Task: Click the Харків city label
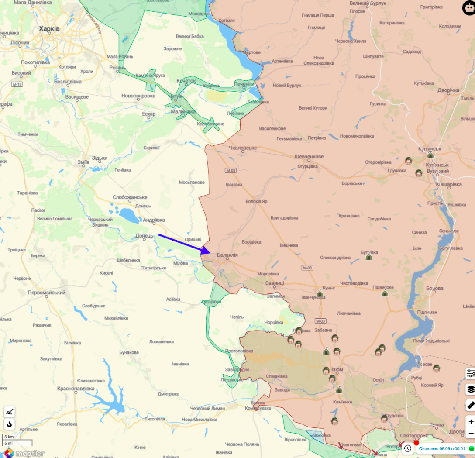pos(49,28)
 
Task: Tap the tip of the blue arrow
pos(210,252)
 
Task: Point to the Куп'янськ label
pos(430,149)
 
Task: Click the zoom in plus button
pos(471,422)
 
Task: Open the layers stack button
pos(471,389)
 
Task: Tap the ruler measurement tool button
pos(471,405)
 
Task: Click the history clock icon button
pos(407,448)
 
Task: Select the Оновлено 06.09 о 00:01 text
pos(440,448)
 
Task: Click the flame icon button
pos(9,424)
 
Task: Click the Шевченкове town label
pos(309,156)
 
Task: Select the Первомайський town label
pos(47,293)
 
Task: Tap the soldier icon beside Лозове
pos(436,368)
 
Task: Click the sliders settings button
pos(471,373)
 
